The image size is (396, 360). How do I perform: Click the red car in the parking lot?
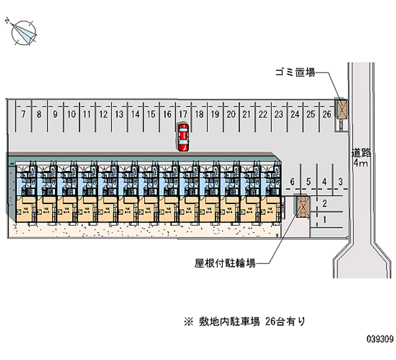click(183, 137)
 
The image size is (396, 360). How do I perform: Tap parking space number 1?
click(325, 219)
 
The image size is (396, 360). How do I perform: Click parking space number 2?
click(325, 203)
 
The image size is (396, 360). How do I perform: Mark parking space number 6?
click(293, 182)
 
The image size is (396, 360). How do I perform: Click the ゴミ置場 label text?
click(295, 73)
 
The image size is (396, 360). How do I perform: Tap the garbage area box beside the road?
click(341, 109)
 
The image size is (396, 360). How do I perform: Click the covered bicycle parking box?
click(302, 206)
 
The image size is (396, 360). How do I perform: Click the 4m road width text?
click(360, 163)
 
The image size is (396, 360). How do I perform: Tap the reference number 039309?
click(380, 340)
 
